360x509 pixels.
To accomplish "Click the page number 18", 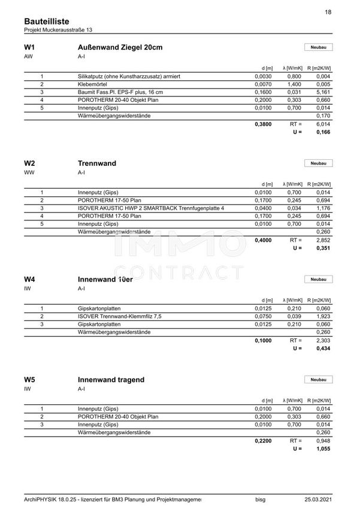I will (328, 12).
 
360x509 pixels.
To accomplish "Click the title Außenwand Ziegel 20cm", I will (120, 47).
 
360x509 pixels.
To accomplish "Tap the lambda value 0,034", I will (294, 208).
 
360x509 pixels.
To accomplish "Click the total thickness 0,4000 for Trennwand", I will (264, 240).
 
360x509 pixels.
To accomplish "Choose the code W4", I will (30, 279).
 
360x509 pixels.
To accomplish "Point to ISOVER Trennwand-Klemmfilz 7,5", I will (120, 316).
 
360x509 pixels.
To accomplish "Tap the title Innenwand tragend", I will (111, 380).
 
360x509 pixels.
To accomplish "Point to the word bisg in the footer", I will (260, 498).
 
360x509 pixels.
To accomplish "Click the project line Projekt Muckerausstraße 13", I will (58, 30).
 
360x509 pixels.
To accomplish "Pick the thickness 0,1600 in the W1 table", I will (264, 93).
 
